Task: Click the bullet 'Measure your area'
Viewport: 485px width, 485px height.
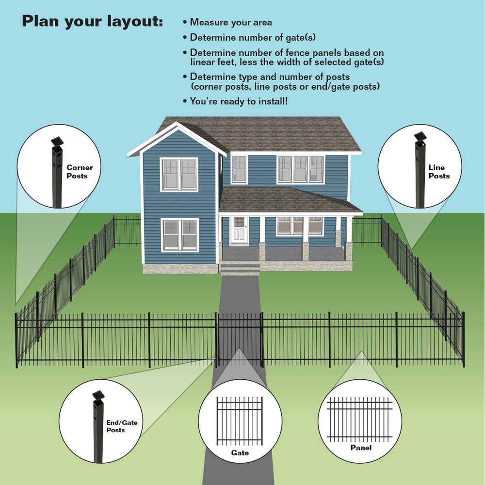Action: (x=231, y=23)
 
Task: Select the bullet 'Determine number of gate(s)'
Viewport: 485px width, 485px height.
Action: (x=253, y=37)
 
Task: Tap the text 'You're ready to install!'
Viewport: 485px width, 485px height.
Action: (x=239, y=101)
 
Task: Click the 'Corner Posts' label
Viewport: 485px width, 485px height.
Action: (x=80, y=172)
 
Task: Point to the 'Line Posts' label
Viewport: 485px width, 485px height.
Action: (x=439, y=172)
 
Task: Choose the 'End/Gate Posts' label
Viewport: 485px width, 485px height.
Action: (x=122, y=426)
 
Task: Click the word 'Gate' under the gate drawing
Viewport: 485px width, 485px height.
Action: (x=240, y=453)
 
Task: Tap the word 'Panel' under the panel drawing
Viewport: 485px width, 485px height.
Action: (x=361, y=448)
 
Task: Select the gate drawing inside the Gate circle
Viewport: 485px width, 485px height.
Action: (x=240, y=421)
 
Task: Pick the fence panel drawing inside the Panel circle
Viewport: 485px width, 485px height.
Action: (x=360, y=420)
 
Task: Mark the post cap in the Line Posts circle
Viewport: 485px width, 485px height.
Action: (x=420, y=136)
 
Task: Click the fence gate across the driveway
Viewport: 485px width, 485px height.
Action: (x=240, y=339)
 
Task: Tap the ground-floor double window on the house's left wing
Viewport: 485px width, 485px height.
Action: (x=180, y=235)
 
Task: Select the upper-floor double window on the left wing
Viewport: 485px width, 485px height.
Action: (x=179, y=175)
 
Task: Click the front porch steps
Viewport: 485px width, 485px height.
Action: (x=240, y=268)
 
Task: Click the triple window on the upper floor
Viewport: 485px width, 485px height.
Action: (x=300, y=169)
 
